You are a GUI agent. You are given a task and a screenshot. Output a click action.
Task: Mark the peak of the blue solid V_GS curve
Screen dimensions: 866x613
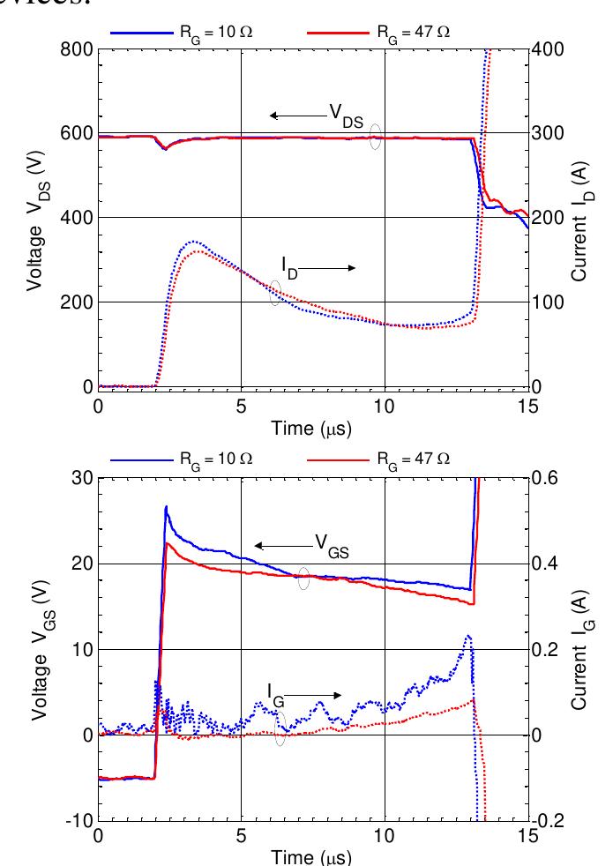pyautogui.click(x=166, y=507)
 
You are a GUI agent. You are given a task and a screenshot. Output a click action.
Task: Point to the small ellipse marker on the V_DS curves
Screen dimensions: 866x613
pyautogui.click(x=376, y=138)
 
